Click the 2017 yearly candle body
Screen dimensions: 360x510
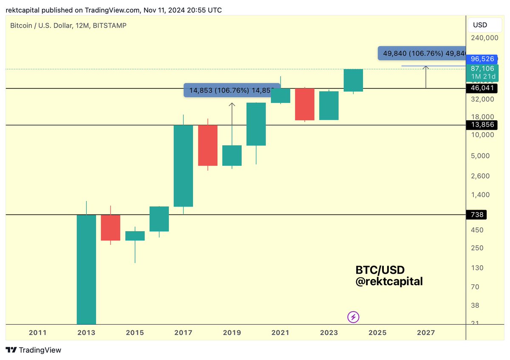coord(183,166)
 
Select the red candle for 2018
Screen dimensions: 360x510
coord(207,145)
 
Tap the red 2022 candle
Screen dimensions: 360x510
coord(304,104)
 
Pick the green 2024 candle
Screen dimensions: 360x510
coord(353,80)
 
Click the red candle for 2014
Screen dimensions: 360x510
coord(110,227)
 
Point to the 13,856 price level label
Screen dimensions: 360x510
coord(480,125)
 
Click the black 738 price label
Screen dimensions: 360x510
coord(476,215)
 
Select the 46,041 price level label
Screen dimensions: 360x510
coord(480,88)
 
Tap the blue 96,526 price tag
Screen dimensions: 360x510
coord(480,59)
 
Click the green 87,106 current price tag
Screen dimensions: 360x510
coord(480,68)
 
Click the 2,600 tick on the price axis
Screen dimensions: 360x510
coord(480,176)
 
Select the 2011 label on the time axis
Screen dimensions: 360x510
coord(37,333)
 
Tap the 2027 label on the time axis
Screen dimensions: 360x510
coord(426,333)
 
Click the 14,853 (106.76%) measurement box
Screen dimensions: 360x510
coord(232,91)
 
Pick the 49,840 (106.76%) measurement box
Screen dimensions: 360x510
coord(421,54)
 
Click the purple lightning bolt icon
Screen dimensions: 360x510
coord(354,317)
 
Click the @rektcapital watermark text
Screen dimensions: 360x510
coord(389,281)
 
